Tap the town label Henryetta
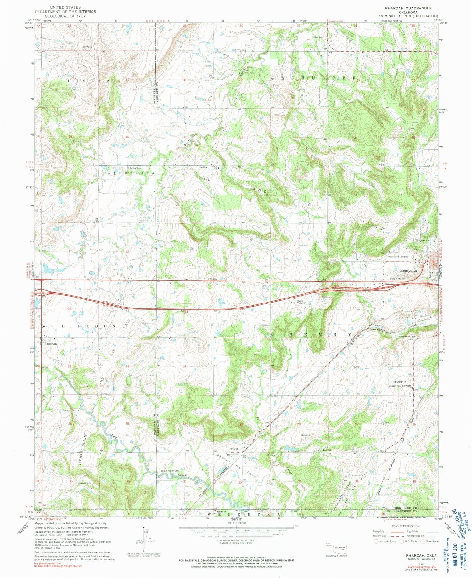point(408,270)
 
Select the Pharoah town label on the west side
point(51,344)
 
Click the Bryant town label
point(233,449)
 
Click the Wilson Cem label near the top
point(317,37)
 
